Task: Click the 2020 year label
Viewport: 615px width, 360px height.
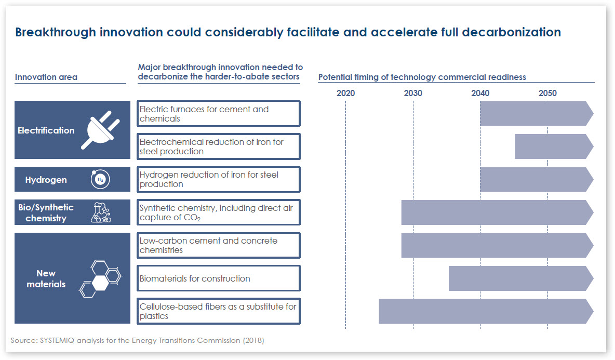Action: [345, 94]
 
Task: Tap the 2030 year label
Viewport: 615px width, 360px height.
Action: [413, 94]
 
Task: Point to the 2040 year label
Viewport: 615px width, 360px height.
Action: [480, 94]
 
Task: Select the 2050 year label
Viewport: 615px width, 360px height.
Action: [547, 94]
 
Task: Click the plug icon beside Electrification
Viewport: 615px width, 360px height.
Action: [101, 130]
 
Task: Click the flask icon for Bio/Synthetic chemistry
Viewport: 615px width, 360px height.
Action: [100, 212]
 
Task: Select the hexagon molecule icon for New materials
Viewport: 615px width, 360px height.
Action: [101, 278]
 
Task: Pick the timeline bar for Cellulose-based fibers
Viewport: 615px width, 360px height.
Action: [486, 311]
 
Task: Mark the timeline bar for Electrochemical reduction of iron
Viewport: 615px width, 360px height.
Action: [554, 146]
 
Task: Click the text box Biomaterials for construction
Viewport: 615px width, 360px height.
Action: [219, 278]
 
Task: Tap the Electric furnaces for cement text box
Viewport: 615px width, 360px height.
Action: [219, 114]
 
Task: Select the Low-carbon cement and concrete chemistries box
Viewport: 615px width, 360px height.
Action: [219, 245]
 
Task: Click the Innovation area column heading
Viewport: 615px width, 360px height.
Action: [46, 77]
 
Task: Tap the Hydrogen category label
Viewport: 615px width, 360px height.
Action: [46, 180]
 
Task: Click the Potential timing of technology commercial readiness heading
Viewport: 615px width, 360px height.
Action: [422, 77]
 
